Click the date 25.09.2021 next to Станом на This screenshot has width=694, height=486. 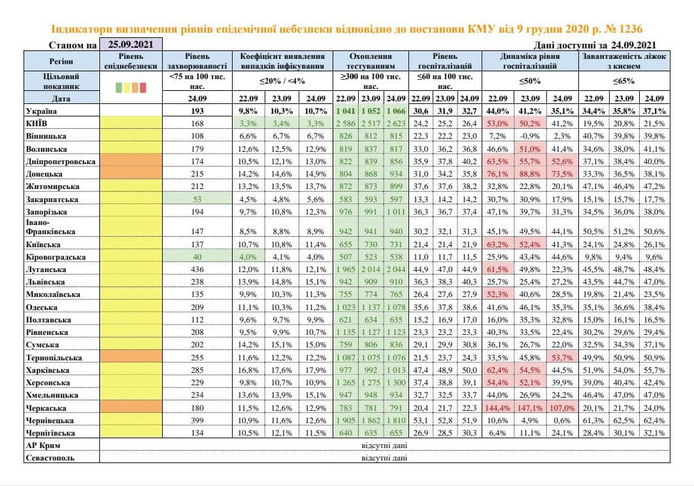(x=130, y=45)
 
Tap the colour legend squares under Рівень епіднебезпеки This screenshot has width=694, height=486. (x=131, y=86)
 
